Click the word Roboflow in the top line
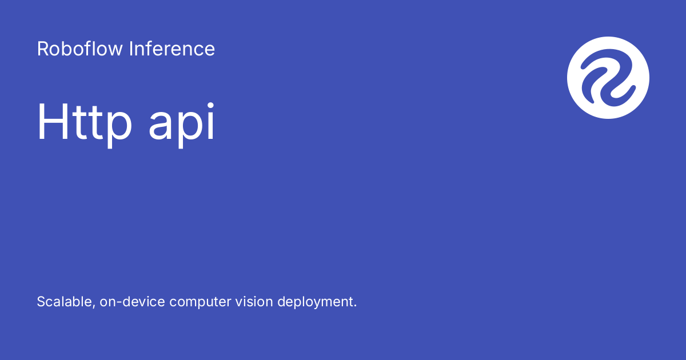click(x=80, y=49)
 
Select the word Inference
click(x=172, y=49)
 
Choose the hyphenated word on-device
click(x=133, y=302)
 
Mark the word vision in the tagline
click(x=253, y=302)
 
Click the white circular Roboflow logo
click(x=608, y=78)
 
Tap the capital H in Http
click(x=49, y=122)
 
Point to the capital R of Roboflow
click(x=42, y=49)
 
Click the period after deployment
click(x=355, y=306)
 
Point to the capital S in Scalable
click(x=41, y=302)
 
